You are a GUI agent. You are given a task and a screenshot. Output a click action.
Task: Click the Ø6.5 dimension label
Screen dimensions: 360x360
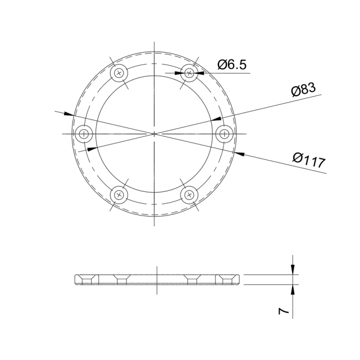232,64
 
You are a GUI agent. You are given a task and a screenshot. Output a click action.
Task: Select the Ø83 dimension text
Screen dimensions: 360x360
303,89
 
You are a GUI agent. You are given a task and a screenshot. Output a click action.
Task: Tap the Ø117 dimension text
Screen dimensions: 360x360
309,160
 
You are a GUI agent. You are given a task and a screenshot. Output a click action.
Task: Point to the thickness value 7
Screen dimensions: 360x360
283,311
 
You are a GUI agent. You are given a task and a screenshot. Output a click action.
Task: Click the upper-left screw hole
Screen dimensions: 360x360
119,73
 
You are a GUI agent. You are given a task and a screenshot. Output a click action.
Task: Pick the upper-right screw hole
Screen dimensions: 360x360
189,73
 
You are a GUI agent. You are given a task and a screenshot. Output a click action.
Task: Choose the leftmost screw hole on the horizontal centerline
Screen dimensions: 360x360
84,134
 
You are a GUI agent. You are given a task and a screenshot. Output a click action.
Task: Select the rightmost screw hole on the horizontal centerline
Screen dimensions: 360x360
225,134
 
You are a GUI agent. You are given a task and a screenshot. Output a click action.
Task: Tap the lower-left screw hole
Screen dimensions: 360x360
119,195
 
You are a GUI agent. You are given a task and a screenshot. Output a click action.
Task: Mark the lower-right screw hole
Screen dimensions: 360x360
189,195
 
